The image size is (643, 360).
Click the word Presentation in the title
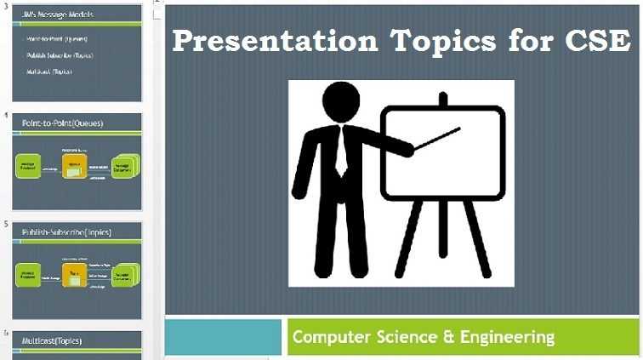point(272,41)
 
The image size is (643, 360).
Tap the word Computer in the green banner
point(328,337)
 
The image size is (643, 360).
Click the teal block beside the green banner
point(222,337)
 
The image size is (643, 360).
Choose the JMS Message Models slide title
point(59,14)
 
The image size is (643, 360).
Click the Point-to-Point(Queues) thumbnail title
point(63,123)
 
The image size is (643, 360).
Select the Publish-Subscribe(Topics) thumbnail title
point(67,231)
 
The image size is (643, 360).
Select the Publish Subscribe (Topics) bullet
point(60,55)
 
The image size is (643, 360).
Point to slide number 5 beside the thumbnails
point(7,224)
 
